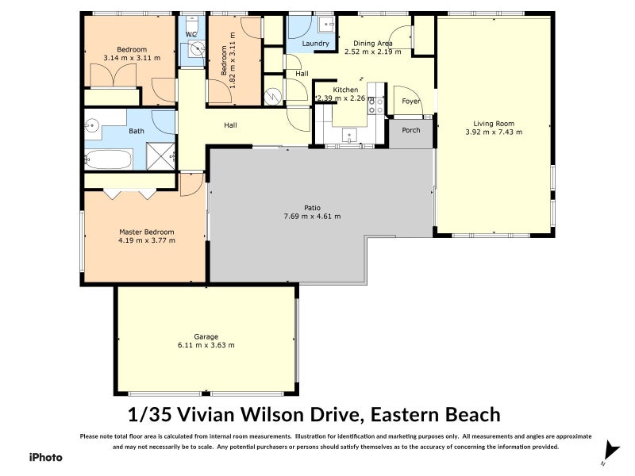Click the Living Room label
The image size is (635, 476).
(x=494, y=123)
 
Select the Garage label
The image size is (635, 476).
(x=206, y=336)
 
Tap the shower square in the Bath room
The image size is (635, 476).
(x=162, y=155)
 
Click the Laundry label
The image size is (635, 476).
(x=316, y=43)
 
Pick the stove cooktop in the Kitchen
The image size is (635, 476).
(x=376, y=106)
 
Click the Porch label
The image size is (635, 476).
(x=411, y=130)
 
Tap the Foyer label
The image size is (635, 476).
(x=411, y=102)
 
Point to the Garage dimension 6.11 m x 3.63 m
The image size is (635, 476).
(x=206, y=345)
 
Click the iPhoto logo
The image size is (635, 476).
(x=45, y=457)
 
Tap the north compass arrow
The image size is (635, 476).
(x=609, y=450)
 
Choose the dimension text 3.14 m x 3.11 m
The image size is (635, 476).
(x=132, y=57)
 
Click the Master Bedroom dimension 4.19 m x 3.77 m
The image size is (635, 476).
(x=147, y=240)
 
